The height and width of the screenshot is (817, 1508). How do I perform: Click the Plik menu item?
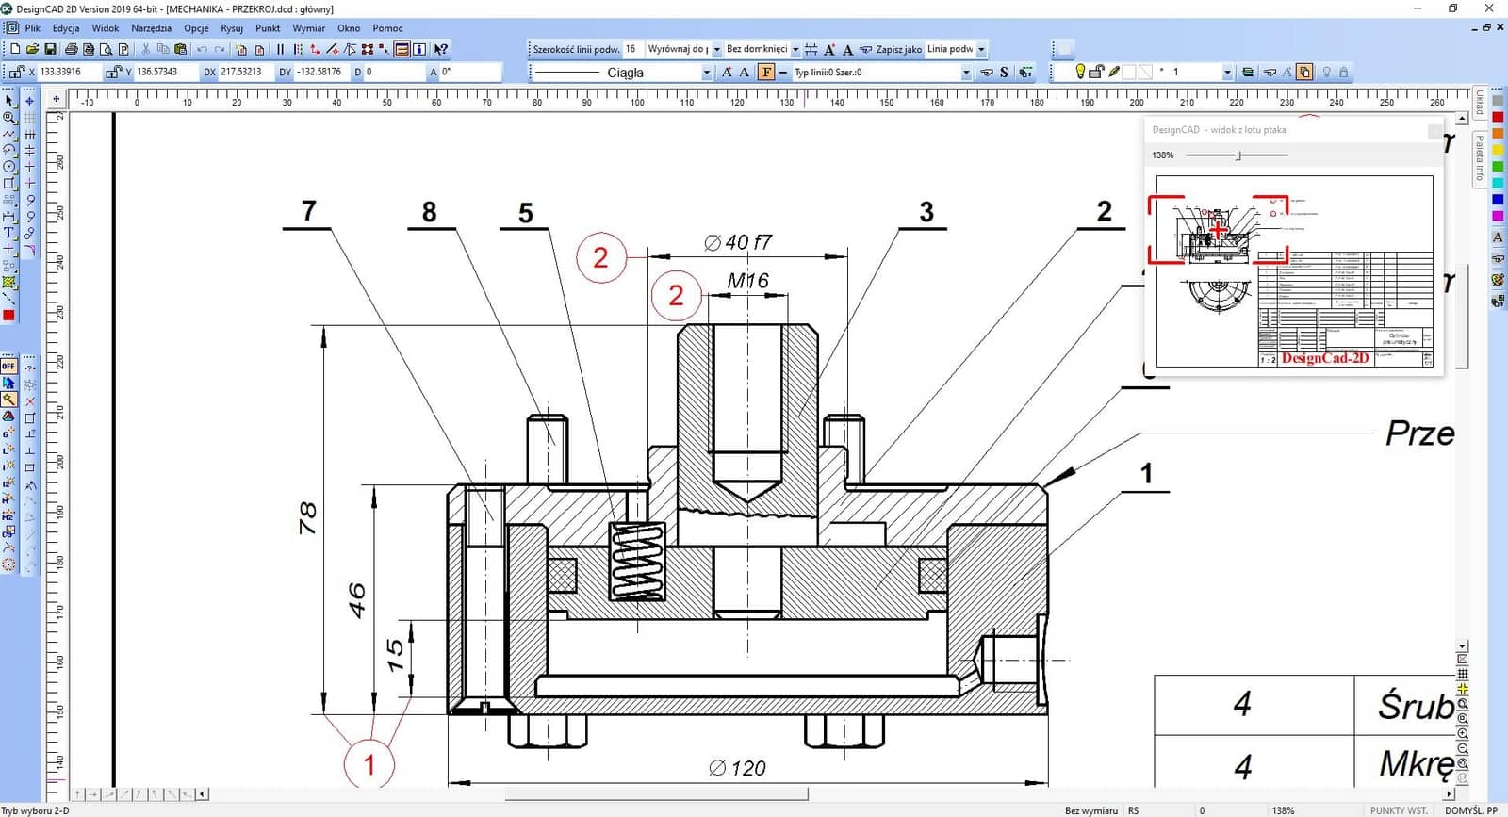[32, 28]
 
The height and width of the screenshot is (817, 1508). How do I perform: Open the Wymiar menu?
[308, 28]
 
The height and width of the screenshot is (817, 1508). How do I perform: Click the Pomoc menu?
[387, 28]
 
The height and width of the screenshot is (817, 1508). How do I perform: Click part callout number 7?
[309, 211]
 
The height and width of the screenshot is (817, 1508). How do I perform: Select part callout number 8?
[429, 212]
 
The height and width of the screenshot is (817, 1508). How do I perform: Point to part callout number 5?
[526, 214]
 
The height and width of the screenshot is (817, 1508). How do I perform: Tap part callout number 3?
[926, 212]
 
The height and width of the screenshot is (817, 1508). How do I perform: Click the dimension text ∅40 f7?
[738, 243]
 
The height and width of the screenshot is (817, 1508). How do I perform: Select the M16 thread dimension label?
[747, 281]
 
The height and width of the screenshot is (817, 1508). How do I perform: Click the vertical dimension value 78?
[308, 518]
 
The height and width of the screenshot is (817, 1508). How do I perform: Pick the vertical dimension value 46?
[357, 600]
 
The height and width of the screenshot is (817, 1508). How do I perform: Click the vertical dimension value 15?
[396, 655]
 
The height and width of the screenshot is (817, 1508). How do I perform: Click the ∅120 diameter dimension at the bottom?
[737, 769]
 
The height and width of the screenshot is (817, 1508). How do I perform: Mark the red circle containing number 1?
[369, 764]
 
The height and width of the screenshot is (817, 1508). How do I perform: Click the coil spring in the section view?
[638, 562]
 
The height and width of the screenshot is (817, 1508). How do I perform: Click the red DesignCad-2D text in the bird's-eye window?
[1324, 358]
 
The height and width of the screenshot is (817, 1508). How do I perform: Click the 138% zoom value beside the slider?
[1163, 155]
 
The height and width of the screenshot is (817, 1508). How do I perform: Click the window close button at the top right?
[1489, 8]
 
